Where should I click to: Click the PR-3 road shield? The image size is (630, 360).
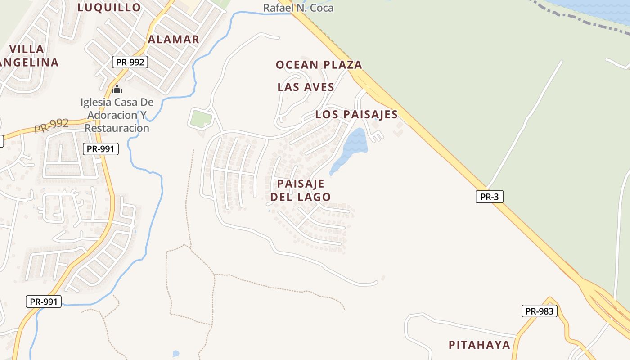click(489, 197)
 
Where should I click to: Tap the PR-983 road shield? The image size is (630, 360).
click(539, 311)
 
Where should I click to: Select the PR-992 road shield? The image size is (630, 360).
click(130, 62)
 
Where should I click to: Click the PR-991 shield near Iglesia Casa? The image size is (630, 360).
click(101, 149)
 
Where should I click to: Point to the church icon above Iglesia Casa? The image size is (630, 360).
click(117, 89)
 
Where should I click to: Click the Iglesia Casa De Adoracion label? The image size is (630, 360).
click(117, 115)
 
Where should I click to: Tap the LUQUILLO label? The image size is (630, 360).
click(109, 7)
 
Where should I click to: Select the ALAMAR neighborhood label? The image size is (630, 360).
click(174, 40)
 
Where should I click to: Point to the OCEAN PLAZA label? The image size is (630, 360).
click(319, 65)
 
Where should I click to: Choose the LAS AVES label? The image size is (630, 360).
click(306, 87)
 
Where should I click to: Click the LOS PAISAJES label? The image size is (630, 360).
click(356, 115)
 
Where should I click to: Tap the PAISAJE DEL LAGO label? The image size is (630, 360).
click(301, 190)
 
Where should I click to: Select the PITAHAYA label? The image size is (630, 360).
click(479, 345)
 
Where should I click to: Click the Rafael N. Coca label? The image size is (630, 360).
click(298, 8)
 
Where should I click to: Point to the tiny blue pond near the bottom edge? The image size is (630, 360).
click(175, 354)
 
